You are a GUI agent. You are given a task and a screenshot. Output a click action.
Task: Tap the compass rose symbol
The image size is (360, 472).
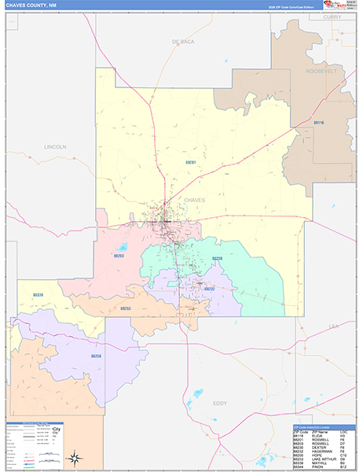click(x=73, y=458)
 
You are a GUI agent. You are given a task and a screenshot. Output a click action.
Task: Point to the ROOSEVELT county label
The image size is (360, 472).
click(x=321, y=71)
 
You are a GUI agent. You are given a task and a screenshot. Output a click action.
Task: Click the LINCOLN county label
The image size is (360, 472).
click(x=56, y=147)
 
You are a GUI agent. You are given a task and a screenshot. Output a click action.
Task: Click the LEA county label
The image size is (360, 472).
click(x=332, y=325)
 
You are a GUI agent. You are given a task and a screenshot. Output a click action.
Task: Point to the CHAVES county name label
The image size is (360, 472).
click(x=194, y=200)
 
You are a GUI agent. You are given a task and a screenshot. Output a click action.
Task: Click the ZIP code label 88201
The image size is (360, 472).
click(x=190, y=162)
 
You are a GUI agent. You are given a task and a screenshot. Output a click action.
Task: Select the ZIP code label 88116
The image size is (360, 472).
click(x=318, y=123)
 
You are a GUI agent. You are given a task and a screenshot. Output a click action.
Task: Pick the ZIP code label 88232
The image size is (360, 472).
click(x=209, y=289)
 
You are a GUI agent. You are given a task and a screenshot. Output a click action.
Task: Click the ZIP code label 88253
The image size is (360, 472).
click(x=125, y=308)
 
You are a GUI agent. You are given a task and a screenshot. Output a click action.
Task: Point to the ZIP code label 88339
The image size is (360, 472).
click(x=39, y=295)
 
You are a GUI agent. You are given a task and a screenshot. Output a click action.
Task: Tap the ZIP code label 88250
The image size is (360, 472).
click(x=96, y=356)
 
